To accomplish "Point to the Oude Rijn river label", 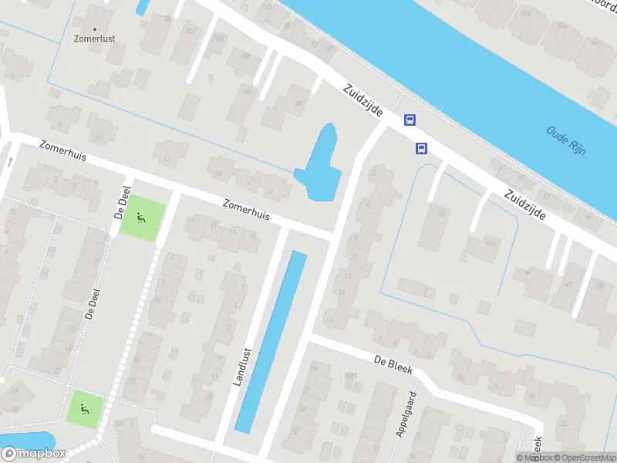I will coord(566,140).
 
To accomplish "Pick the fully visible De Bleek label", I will coord(393,365).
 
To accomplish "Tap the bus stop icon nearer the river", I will coord(410,120).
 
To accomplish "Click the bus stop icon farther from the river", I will coord(422,148).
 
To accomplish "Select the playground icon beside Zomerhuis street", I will coord(140,217).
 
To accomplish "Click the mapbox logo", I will coord(34,453).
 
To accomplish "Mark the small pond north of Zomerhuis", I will coord(321,164).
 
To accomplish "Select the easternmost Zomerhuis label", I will coord(246,211).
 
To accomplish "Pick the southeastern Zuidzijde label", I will coord(525,206).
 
